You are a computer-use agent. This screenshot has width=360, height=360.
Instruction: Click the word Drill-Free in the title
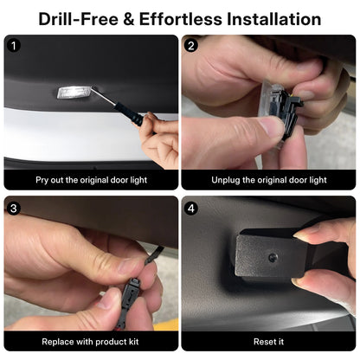[x=78, y=19]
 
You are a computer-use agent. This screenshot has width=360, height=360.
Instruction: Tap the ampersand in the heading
[x=129, y=19]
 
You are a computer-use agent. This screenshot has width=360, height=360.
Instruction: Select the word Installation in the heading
[x=273, y=19]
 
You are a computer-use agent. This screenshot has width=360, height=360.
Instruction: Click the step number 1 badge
[x=13, y=46]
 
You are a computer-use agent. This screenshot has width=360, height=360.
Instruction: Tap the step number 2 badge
[x=191, y=46]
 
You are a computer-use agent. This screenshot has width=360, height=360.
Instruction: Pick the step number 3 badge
[x=13, y=209]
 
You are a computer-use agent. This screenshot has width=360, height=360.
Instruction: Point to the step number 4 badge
[x=191, y=209]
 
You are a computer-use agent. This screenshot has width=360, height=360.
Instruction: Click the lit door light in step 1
[x=74, y=93]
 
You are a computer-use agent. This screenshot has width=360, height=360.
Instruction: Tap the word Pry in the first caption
[x=42, y=180]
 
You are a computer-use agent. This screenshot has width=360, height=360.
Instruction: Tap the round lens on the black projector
[x=272, y=258]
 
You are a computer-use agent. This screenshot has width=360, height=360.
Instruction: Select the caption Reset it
[x=268, y=342]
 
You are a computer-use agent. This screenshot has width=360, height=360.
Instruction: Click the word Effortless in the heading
[x=181, y=19]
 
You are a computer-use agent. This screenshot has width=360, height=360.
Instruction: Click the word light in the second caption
[x=318, y=180]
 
